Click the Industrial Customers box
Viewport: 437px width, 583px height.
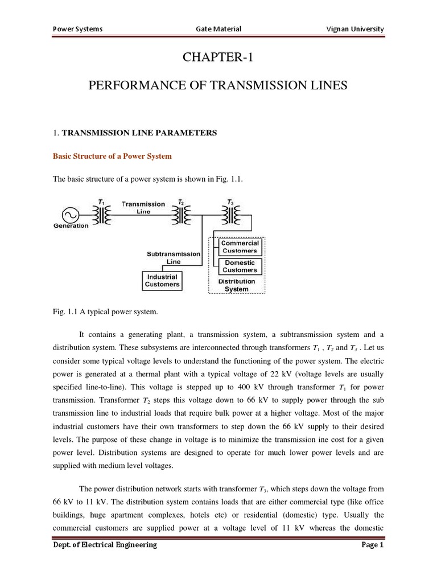[x=162, y=280]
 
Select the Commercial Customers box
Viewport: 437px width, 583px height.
[x=240, y=247]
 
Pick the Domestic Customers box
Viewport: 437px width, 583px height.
[x=240, y=266]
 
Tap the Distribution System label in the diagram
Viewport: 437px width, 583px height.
[x=237, y=285]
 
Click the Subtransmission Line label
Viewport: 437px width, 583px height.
[x=173, y=258]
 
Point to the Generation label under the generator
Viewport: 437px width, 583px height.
[x=71, y=226]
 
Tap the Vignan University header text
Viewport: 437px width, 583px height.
[x=353, y=29]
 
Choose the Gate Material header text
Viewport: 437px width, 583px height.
[x=218, y=29]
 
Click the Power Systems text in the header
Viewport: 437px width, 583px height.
[x=77, y=29]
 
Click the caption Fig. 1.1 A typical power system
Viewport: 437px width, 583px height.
[x=104, y=312]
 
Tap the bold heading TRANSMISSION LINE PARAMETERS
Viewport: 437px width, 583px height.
[x=139, y=133]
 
